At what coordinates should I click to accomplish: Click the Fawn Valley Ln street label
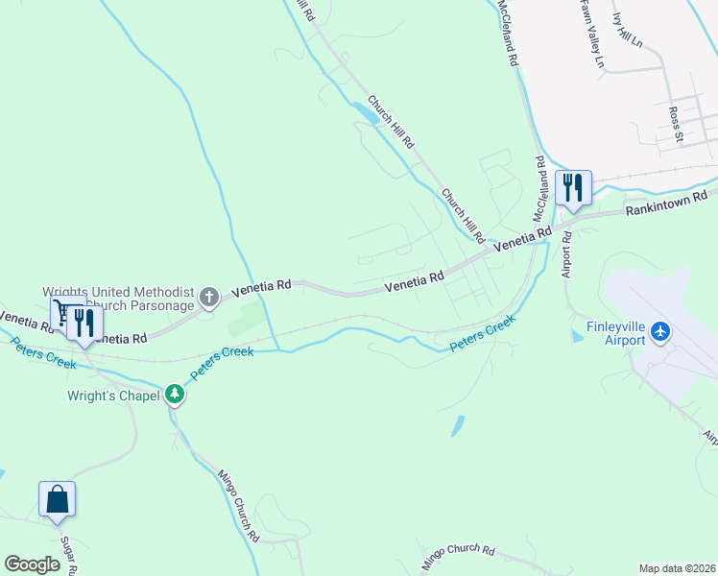click(x=590, y=34)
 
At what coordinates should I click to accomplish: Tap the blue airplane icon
click(x=659, y=331)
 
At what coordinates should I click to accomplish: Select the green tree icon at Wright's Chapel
click(x=174, y=393)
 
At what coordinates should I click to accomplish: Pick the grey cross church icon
click(x=210, y=299)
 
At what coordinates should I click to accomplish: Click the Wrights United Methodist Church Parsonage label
click(x=119, y=299)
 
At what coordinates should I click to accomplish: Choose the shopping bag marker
click(x=57, y=499)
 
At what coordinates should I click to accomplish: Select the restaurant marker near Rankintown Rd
click(x=574, y=186)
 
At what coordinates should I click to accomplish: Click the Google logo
click(x=33, y=564)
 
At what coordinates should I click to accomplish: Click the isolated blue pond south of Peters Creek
click(x=457, y=425)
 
